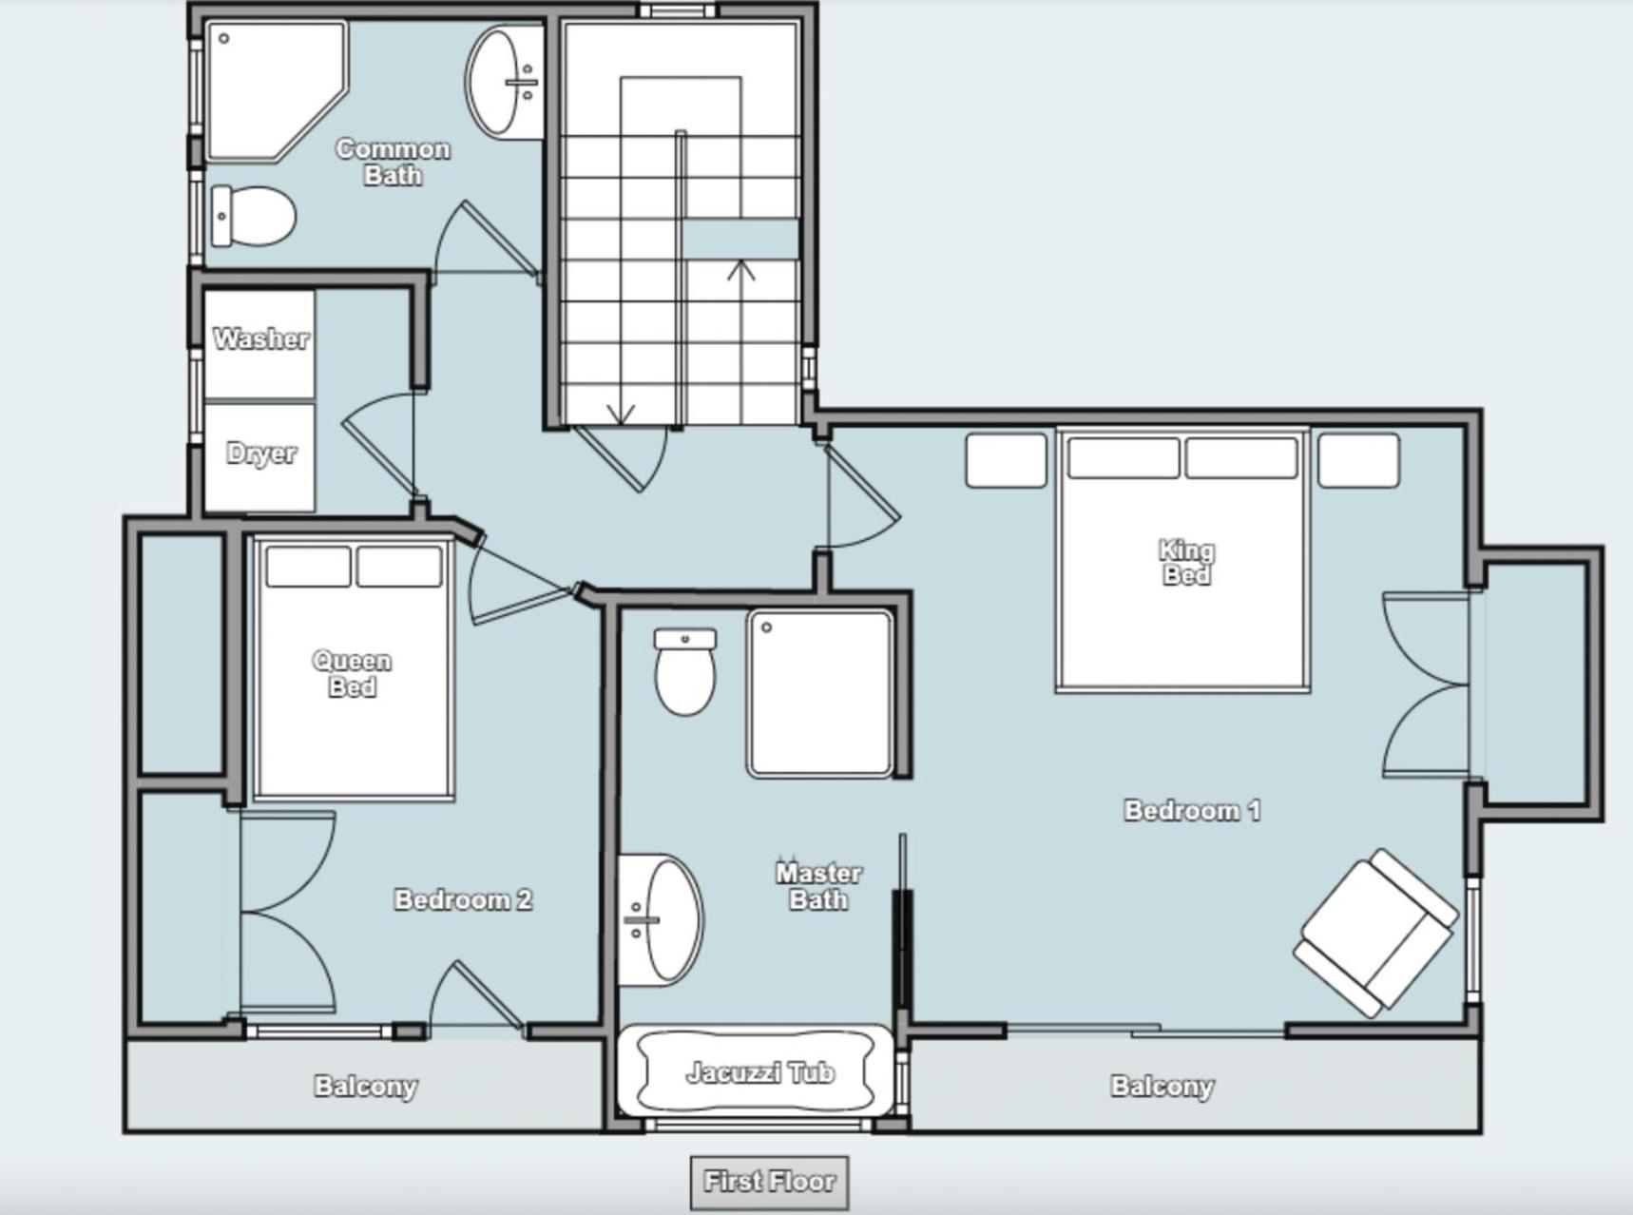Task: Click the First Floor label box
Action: [769, 1183]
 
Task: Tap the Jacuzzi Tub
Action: [757, 1072]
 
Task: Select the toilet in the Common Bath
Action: [253, 216]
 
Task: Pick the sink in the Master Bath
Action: [661, 919]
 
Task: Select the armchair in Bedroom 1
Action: [1376, 933]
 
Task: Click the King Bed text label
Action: [1186, 563]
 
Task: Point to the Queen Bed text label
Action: [352, 673]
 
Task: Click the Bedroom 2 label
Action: [463, 899]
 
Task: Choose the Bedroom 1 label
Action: [1192, 810]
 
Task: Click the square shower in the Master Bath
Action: [819, 693]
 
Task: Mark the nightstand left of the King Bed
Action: [1006, 460]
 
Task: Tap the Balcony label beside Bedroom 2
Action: [366, 1086]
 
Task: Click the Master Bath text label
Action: [818, 886]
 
